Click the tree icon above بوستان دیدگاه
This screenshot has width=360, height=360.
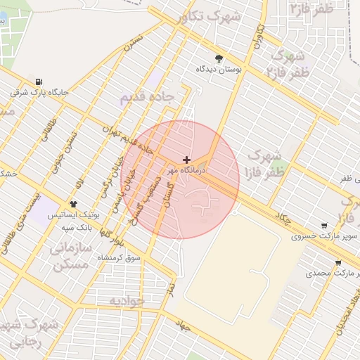click(x=219, y=58)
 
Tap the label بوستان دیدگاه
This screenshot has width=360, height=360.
click(x=219, y=70)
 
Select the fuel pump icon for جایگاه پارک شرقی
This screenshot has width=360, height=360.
click(x=37, y=81)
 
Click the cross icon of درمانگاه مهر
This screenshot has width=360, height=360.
click(x=186, y=160)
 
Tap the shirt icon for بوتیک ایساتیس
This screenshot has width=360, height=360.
click(x=73, y=204)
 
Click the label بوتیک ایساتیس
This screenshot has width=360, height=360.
click(x=73, y=215)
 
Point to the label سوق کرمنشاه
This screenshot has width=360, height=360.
click(x=122, y=259)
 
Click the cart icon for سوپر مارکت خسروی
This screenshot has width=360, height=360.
click(x=323, y=226)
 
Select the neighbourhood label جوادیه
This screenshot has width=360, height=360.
click(x=127, y=301)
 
